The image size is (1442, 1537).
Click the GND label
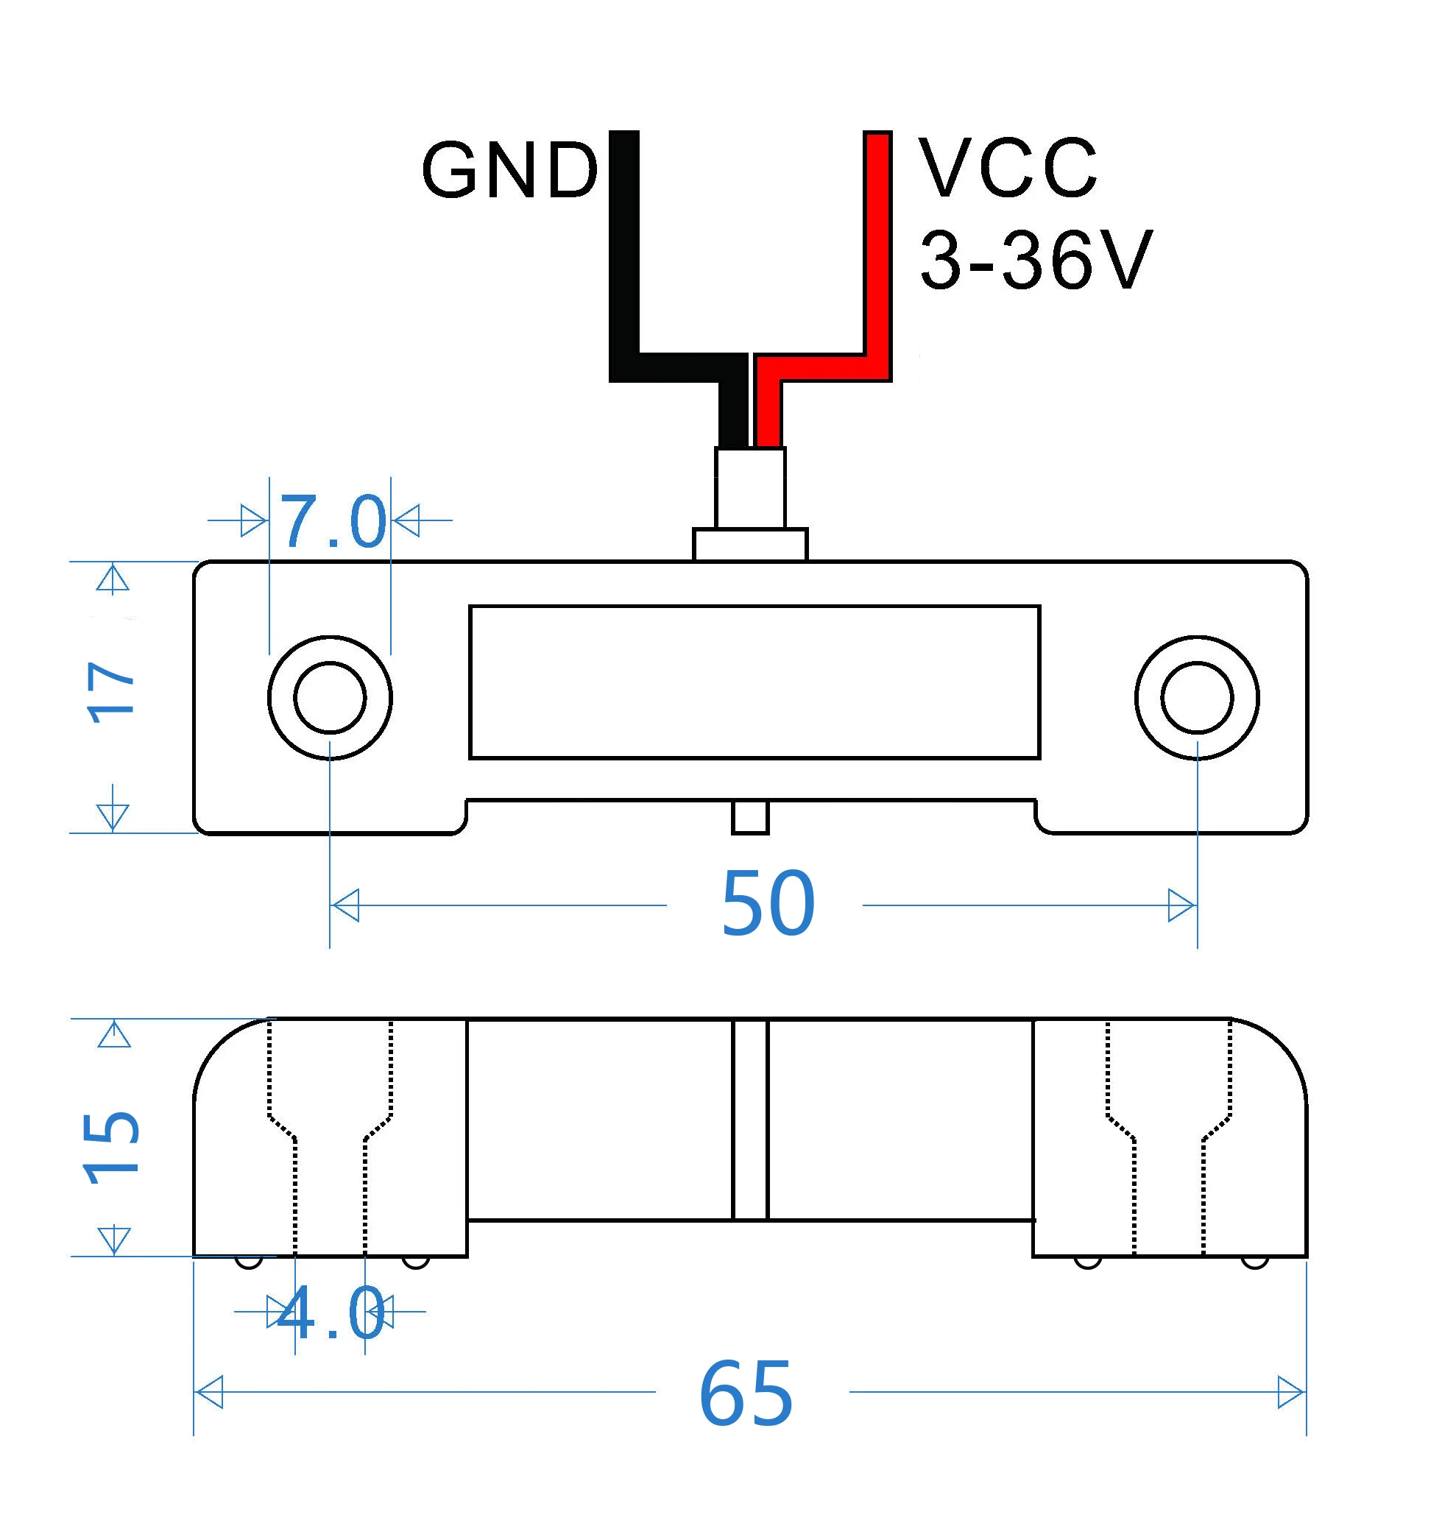[510, 170]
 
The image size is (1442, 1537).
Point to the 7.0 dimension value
[333, 521]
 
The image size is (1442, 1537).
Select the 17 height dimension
[112, 692]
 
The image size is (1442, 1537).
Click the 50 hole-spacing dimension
[768, 903]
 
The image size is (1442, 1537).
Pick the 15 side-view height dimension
[111, 1148]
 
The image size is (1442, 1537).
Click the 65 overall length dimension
[746, 1394]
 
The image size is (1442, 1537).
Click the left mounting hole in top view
[331, 697]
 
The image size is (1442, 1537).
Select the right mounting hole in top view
[1197, 697]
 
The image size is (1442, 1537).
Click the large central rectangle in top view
[754, 682]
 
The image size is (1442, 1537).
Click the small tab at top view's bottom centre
[750, 817]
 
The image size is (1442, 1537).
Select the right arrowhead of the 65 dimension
[1292, 1393]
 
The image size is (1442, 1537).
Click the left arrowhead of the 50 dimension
[344, 905]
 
